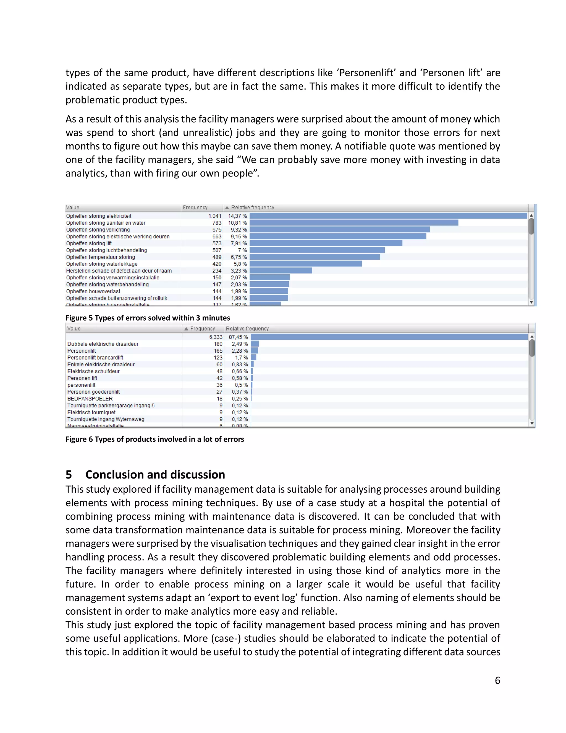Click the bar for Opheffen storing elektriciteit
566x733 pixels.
click(x=388, y=216)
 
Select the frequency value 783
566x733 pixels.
click(x=217, y=223)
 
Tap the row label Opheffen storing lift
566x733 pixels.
click(x=89, y=243)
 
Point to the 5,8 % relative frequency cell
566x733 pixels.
click(x=240, y=264)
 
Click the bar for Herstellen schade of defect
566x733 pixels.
click(x=281, y=271)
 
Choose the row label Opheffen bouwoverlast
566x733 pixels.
click(x=93, y=291)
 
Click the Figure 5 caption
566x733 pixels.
click(x=148, y=318)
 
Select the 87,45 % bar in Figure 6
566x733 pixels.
click(x=389, y=337)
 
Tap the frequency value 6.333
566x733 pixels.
click(x=216, y=337)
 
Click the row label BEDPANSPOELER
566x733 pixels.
click(x=90, y=399)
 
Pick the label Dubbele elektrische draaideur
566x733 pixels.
click(x=103, y=344)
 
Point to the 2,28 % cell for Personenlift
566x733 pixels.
click(x=240, y=351)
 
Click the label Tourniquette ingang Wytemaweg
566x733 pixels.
click(x=106, y=419)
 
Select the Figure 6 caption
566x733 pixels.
click(x=154, y=439)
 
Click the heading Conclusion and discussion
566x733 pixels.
click(x=155, y=475)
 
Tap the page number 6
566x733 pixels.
click(x=497, y=680)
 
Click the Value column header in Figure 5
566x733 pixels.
click(x=73, y=207)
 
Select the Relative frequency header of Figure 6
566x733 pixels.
click(x=247, y=329)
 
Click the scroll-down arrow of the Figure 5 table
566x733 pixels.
click(x=531, y=302)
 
